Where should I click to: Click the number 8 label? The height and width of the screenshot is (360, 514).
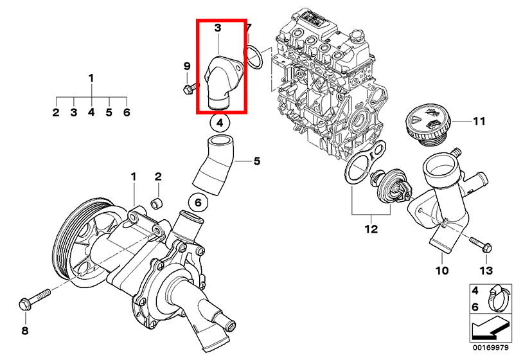[x=25, y=331]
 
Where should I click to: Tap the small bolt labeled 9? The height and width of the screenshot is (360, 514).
[x=188, y=89]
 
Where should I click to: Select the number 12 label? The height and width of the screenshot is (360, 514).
[x=371, y=228]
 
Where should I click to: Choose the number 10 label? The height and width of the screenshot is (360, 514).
[x=441, y=271]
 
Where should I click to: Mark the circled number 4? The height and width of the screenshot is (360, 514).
[x=218, y=122]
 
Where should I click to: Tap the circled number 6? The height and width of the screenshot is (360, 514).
[x=198, y=203]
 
